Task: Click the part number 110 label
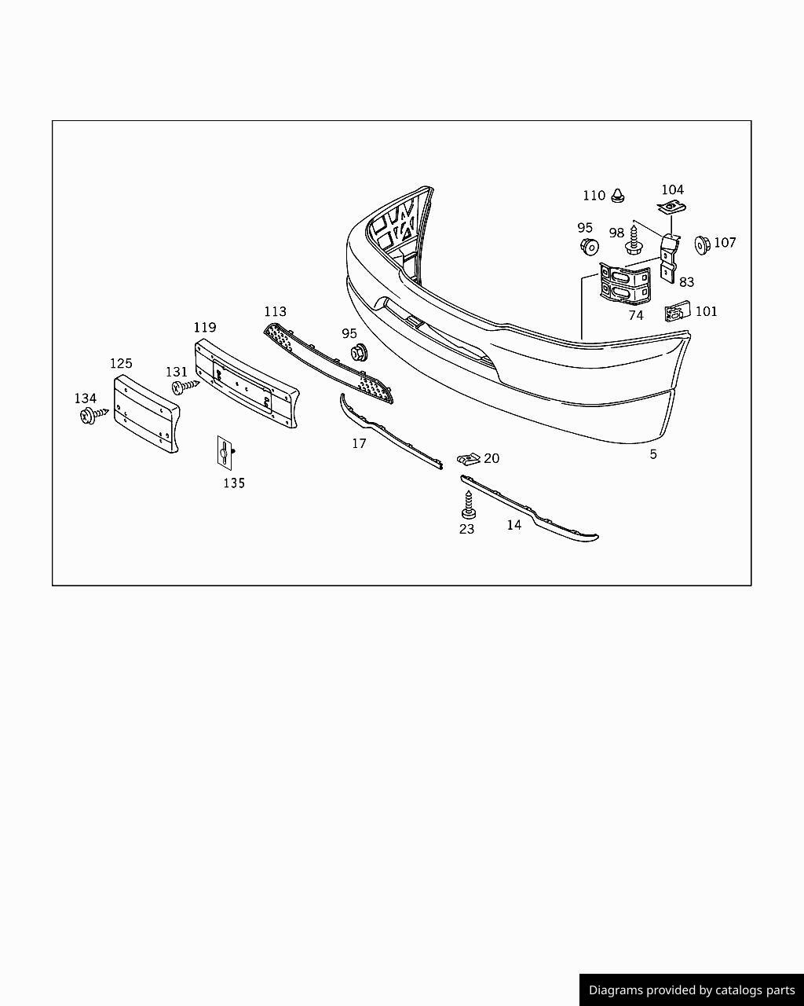[x=594, y=196]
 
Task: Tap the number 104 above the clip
[x=672, y=189]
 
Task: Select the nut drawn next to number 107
[x=701, y=244]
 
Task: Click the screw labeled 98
[x=634, y=240]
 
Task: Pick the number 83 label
[x=686, y=282]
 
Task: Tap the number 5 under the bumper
[x=653, y=454]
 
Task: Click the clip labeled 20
[x=469, y=458]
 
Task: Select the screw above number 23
[x=467, y=503]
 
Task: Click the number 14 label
[x=513, y=525]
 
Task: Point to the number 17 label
[x=359, y=444]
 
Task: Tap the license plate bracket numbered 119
[x=246, y=383]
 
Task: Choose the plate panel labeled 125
[x=146, y=413]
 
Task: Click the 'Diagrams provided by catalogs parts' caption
[x=692, y=990]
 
